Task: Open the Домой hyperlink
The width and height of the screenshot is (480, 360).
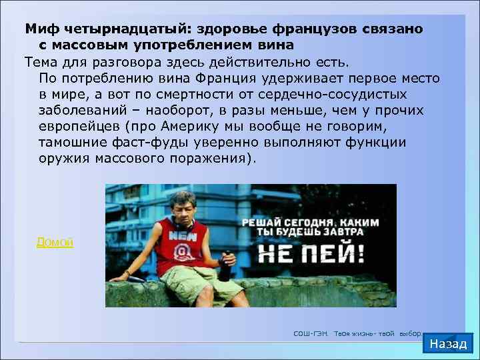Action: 55,243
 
